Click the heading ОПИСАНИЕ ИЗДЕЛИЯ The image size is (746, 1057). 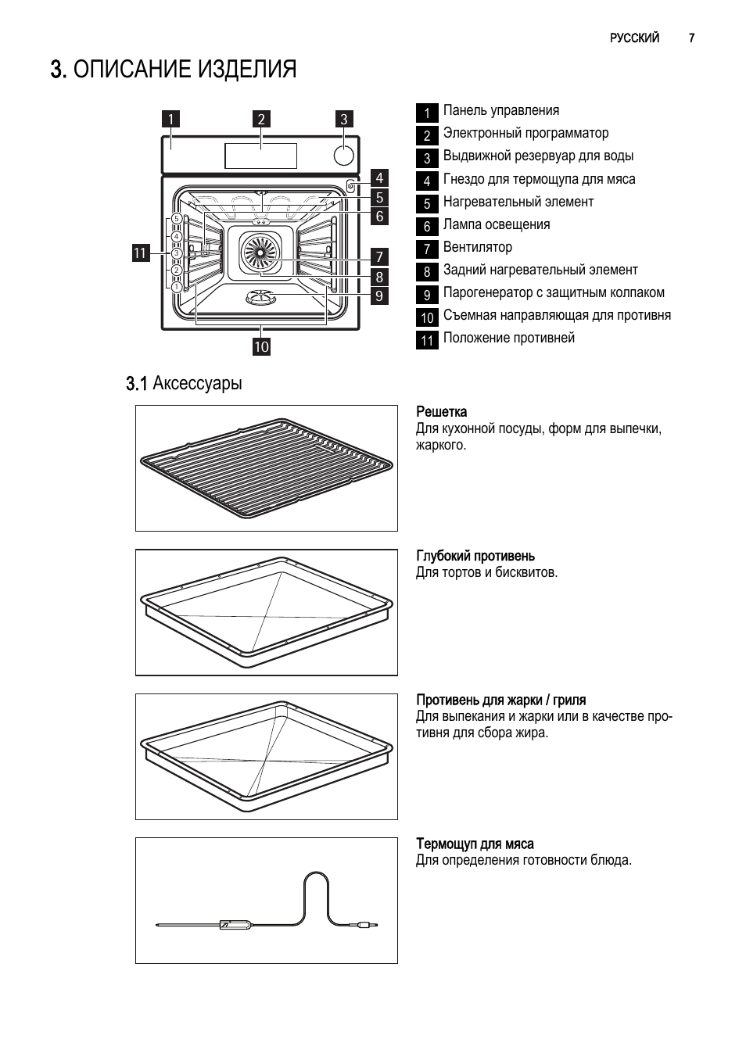point(173,70)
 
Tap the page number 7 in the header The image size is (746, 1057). point(691,38)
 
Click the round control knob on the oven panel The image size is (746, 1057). point(343,155)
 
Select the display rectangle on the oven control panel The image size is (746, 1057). point(260,156)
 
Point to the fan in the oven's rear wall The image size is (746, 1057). point(260,254)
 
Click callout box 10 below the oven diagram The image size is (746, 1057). point(261,346)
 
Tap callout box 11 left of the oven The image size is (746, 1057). point(141,253)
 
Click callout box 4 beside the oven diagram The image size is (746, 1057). point(379,177)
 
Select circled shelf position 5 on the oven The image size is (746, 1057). point(177,219)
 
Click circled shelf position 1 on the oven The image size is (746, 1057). point(177,287)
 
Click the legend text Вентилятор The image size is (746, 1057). point(478,247)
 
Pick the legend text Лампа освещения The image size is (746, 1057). point(497,224)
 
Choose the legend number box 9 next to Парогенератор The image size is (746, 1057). point(427,295)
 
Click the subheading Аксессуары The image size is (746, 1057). point(197,383)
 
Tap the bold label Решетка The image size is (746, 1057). point(441,411)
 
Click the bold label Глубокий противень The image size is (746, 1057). point(475,556)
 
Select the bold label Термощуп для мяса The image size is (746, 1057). point(475,844)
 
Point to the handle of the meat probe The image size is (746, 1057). point(235,924)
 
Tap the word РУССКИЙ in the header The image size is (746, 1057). point(634,38)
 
